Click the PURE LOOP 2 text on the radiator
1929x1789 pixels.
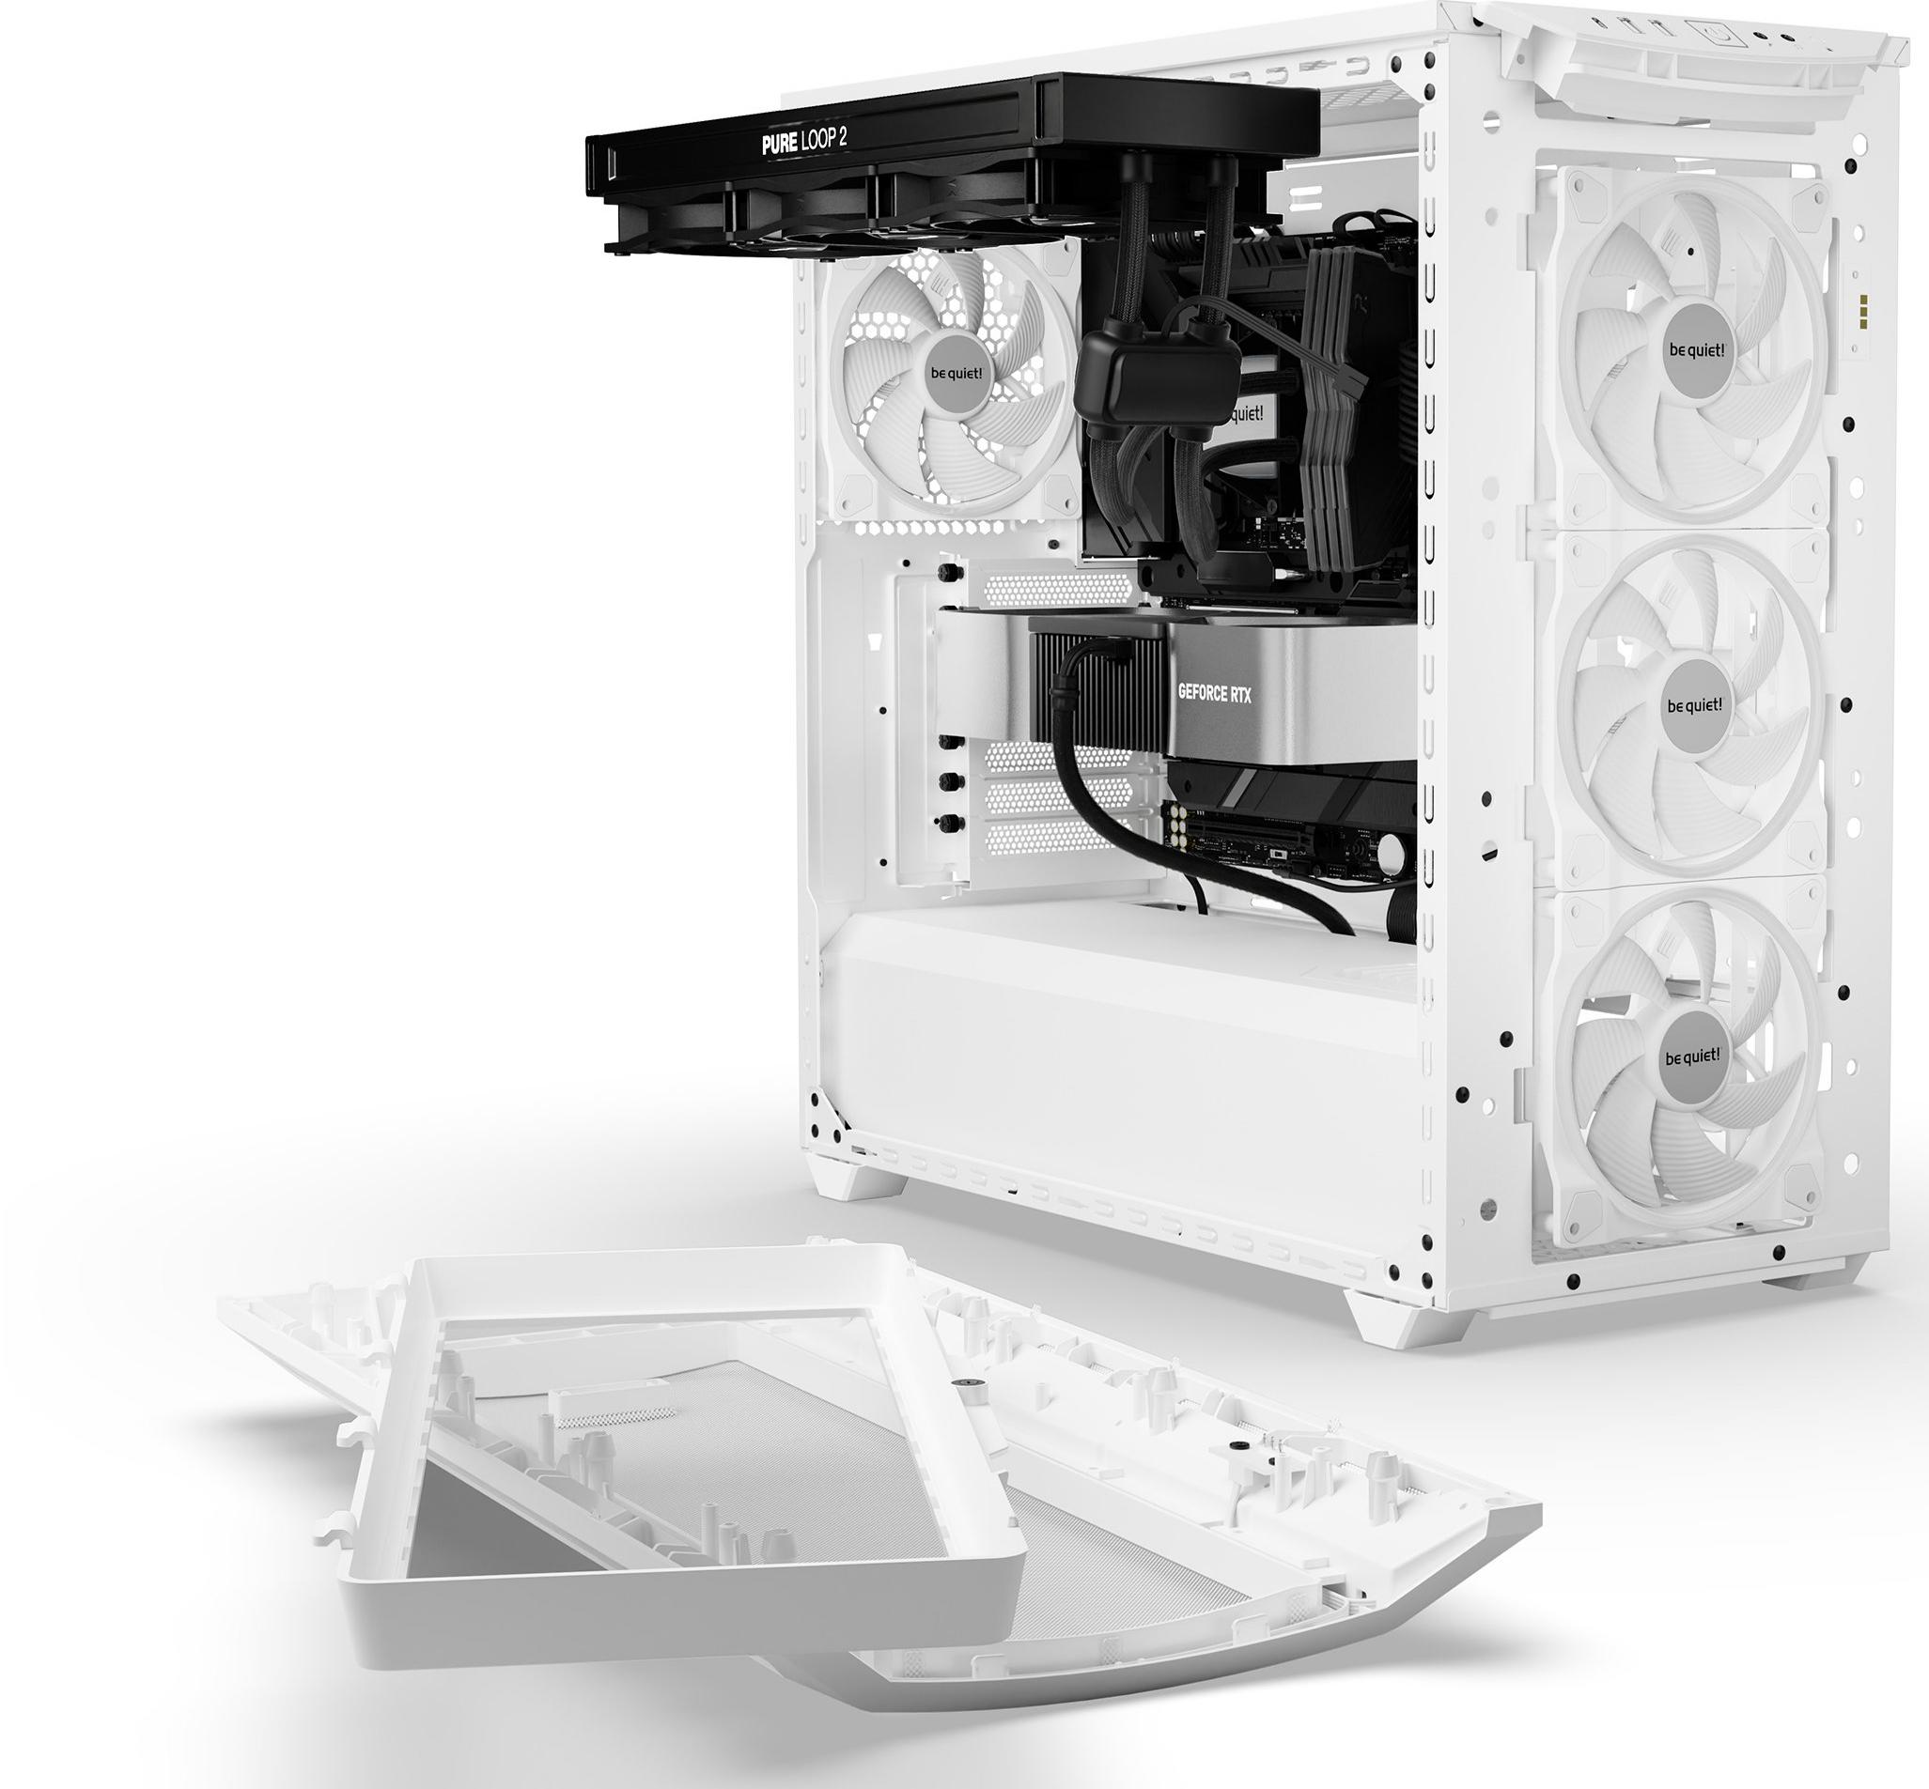pyautogui.click(x=803, y=143)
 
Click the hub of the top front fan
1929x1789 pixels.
pyautogui.click(x=1696, y=349)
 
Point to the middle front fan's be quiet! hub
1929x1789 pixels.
pyautogui.click(x=1694, y=704)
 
